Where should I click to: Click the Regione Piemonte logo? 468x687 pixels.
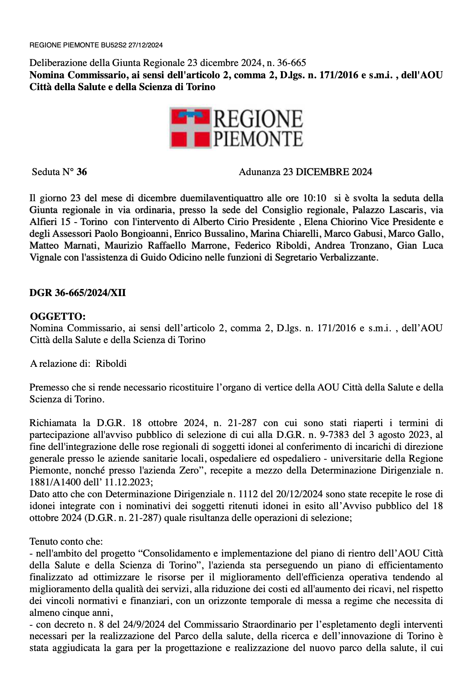[236, 128]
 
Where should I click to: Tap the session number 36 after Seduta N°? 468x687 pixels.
[82, 172]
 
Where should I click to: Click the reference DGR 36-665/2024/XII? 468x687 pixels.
[77, 293]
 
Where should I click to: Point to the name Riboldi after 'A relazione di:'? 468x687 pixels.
[111, 364]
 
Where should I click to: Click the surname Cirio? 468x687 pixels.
[245, 222]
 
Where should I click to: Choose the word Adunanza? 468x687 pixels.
[260, 172]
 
